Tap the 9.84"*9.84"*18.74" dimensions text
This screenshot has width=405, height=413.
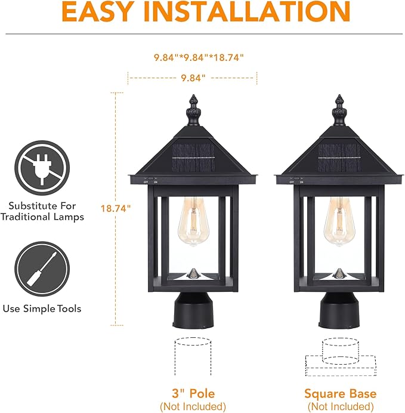(199, 57)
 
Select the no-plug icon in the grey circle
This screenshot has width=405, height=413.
(41, 165)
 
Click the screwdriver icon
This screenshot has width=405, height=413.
(41, 266)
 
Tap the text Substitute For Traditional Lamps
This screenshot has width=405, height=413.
(42, 209)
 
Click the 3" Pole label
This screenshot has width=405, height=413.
(193, 393)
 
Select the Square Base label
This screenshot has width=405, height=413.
(340, 393)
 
